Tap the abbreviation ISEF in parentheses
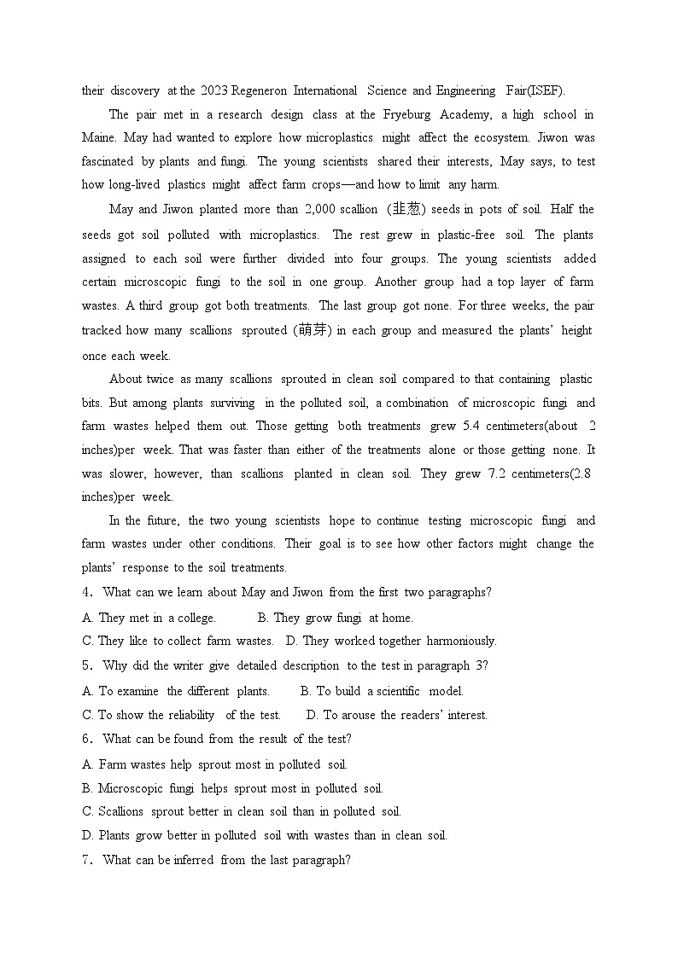pyautogui.click(x=547, y=90)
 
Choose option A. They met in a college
pyautogui.click(x=149, y=618)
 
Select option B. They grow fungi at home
pyautogui.click(x=335, y=618)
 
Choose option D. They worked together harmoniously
pyautogui.click(x=391, y=641)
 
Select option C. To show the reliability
pyautogui.click(x=181, y=715)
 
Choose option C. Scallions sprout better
pyautogui.click(x=241, y=811)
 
